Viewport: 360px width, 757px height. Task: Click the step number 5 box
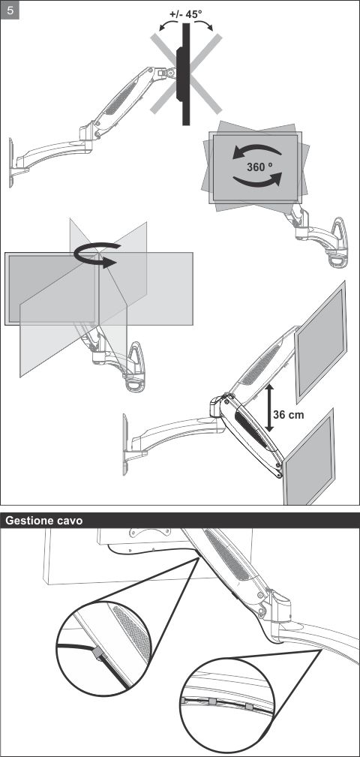(x=10, y=11)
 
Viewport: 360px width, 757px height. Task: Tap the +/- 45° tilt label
(x=186, y=14)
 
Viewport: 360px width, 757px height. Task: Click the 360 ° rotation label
(x=259, y=167)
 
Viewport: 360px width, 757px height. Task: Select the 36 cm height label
(x=289, y=414)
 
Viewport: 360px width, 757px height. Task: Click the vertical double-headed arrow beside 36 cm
(x=269, y=407)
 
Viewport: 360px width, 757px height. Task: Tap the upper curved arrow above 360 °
(x=256, y=151)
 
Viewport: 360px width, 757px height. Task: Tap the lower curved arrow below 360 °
(x=257, y=182)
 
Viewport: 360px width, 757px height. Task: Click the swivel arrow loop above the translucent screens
(x=97, y=254)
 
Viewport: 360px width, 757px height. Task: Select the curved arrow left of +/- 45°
(x=167, y=25)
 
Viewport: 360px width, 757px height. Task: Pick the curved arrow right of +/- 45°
(x=205, y=25)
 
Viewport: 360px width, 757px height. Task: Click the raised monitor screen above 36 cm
(x=320, y=341)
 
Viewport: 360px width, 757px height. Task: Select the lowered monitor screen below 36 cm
(x=308, y=457)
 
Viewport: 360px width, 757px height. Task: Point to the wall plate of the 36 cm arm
(x=125, y=443)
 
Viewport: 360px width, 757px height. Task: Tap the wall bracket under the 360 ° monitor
(x=339, y=242)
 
